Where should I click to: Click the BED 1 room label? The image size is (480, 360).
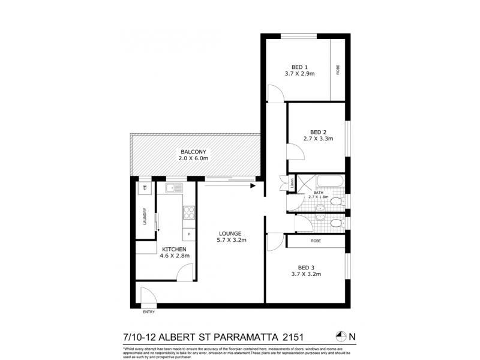[x=299, y=67]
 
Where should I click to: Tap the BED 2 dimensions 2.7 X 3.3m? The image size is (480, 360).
[x=317, y=139]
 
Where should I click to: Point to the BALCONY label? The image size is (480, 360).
[x=193, y=152]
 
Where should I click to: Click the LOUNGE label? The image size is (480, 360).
[x=230, y=233]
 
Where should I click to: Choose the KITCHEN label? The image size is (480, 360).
[x=174, y=249]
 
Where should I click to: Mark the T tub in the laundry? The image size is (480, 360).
[x=145, y=188]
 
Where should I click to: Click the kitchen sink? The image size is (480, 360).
[x=174, y=188]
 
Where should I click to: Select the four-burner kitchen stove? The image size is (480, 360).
[x=188, y=212]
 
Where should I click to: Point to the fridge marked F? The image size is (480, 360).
[x=189, y=233]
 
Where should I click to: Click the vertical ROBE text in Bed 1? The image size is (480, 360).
[x=338, y=70]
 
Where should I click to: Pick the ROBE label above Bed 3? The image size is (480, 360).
[x=316, y=241]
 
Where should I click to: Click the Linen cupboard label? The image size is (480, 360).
[x=292, y=182]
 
